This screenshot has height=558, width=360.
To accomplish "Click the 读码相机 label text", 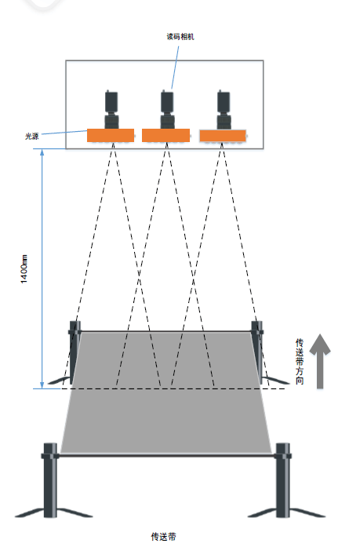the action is pyautogui.click(x=180, y=37).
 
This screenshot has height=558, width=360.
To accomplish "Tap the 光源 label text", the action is pyautogui.click(x=31, y=136).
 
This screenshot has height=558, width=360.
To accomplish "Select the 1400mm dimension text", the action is pyautogui.click(x=24, y=269).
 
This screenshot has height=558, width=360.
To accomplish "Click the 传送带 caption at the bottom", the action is pyautogui.click(x=163, y=537).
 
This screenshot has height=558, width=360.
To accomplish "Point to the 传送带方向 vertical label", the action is pyautogui.click(x=300, y=362).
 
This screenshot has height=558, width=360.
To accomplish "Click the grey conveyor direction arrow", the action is pyautogui.click(x=320, y=361).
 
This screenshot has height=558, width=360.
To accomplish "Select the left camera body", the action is pyautogui.click(x=111, y=109).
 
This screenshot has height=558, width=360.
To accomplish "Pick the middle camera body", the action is pyautogui.click(x=167, y=109).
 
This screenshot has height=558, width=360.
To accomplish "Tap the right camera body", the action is pyautogui.click(x=224, y=110).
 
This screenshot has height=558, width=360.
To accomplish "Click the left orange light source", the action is pyautogui.click(x=111, y=135).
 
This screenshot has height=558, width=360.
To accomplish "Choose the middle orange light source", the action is pyautogui.click(x=165, y=135).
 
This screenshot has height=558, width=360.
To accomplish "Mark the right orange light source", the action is pyautogui.click(x=223, y=136).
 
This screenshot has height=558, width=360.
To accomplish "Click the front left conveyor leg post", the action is pyautogui.click(x=50, y=480).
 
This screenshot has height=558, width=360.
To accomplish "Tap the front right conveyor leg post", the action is pyautogui.click(x=283, y=480).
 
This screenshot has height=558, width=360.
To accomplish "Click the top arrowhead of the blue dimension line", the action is pyautogui.click(x=42, y=152).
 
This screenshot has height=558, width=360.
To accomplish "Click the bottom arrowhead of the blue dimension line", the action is pyautogui.click(x=42, y=385).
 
